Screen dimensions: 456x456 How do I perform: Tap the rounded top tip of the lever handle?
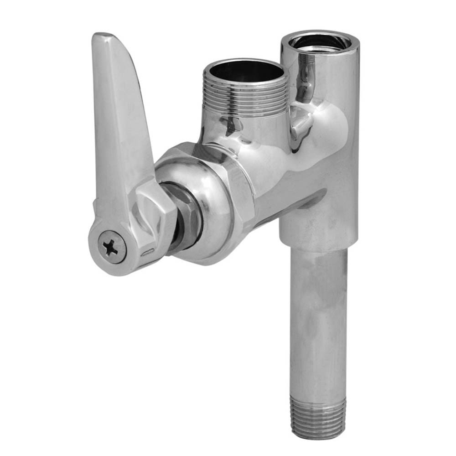pos(102,37)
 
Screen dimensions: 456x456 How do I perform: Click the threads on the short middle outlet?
pos(246,96)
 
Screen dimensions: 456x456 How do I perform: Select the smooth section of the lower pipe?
pos(319,319)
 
